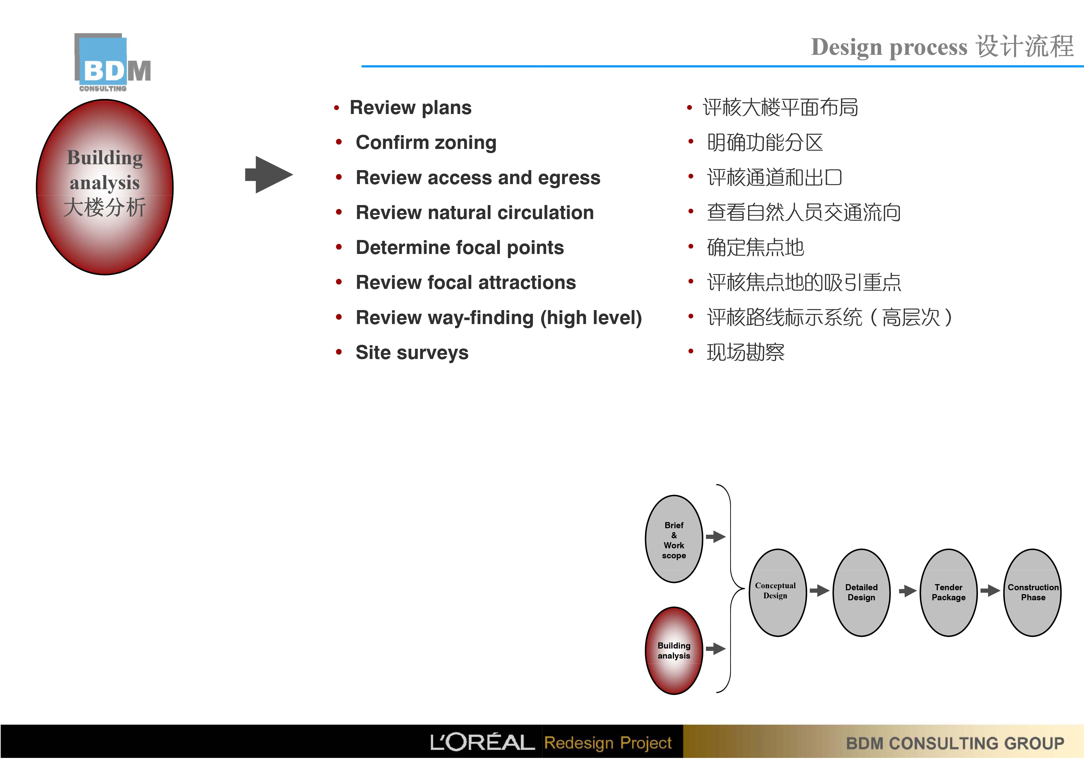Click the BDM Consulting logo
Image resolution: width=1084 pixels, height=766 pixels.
point(112,62)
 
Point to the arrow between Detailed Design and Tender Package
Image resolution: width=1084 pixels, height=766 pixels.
point(908,591)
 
